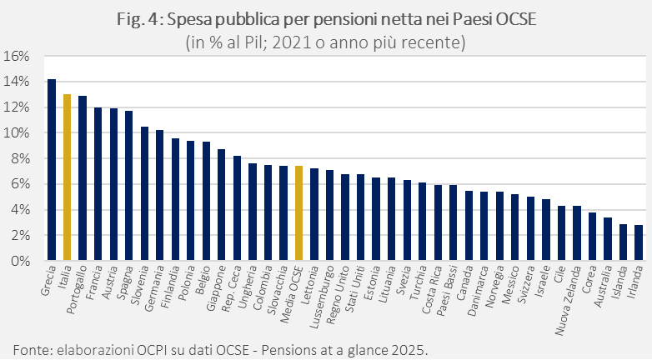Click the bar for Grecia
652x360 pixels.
(52, 170)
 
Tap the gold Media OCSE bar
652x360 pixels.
(298, 213)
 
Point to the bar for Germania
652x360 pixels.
(159, 195)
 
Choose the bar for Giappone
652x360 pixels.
(221, 205)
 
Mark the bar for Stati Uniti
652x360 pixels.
(360, 217)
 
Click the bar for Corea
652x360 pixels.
(592, 237)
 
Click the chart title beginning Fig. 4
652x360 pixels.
(326, 21)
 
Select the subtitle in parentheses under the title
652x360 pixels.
(326, 41)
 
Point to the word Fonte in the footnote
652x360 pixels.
(31, 347)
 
